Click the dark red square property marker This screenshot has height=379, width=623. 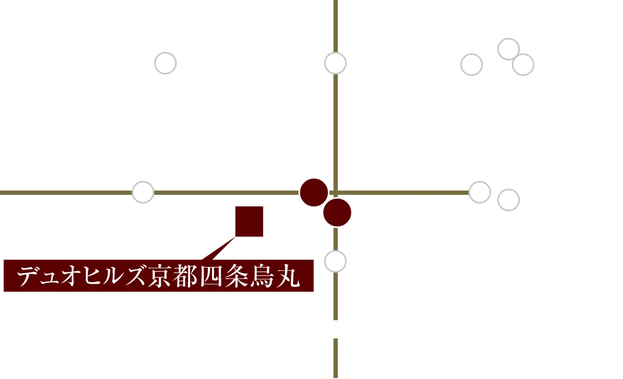tap(250, 220)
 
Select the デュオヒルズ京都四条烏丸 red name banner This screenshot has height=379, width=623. tap(159, 277)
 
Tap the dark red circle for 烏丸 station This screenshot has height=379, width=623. tap(314, 192)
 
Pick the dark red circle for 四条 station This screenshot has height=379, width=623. tap(337, 212)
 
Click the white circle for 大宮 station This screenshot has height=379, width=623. tap(143, 192)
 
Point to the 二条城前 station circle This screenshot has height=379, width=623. tap(166, 63)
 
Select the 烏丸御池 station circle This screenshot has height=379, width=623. tap(335, 63)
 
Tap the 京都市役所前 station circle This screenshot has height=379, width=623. tap(472, 64)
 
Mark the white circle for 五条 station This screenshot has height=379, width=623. tap(335, 261)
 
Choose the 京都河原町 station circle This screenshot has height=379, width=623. tap(480, 192)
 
